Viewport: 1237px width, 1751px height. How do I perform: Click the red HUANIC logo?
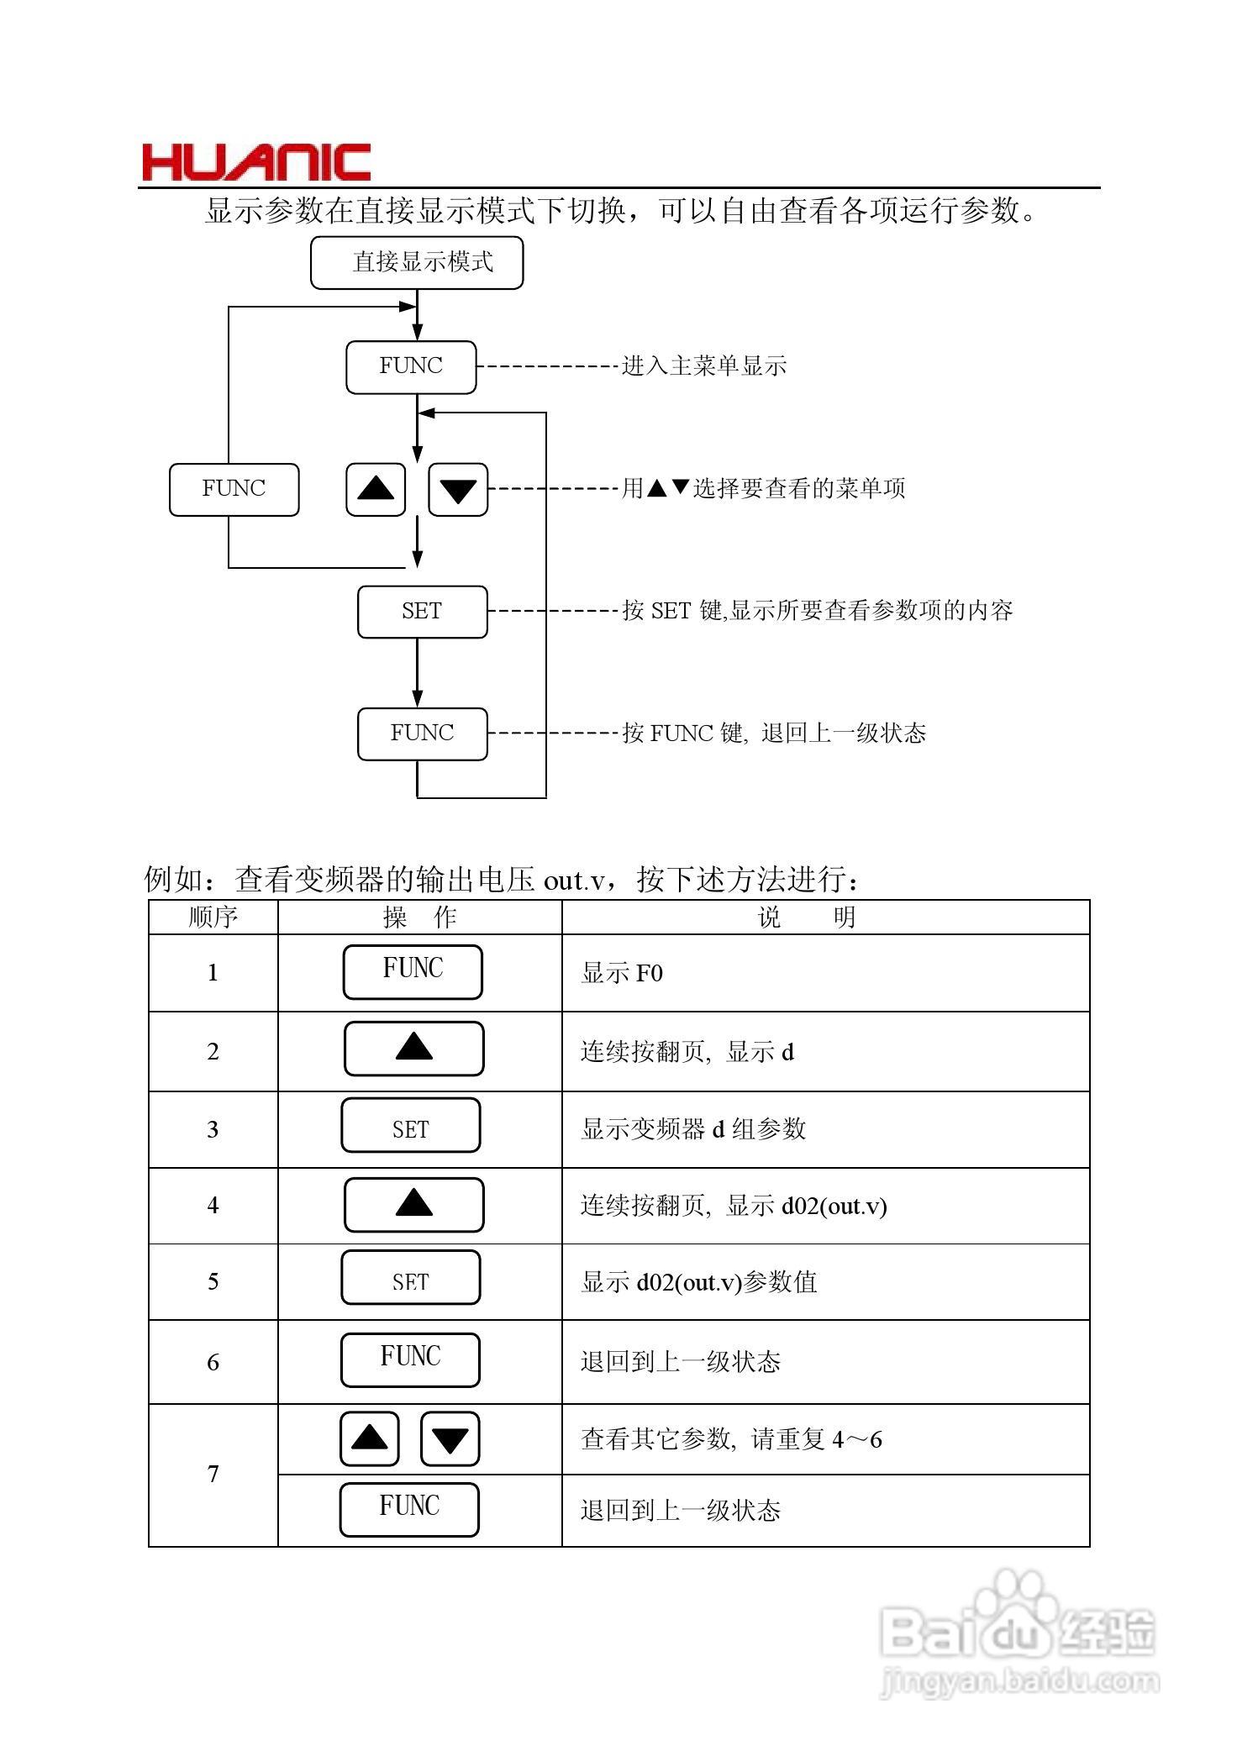click(x=256, y=162)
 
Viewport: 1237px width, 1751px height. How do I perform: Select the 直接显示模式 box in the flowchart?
click(x=417, y=263)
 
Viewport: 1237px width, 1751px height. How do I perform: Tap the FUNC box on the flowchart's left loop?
click(x=234, y=489)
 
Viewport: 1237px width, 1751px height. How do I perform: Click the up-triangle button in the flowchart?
click(x=376, y=489)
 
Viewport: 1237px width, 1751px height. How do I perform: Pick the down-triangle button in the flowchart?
click(x=458, y=489)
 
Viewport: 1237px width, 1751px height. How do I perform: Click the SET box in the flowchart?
click(x=422, y=612)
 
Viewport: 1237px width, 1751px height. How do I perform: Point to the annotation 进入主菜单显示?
click(x=704, y=366)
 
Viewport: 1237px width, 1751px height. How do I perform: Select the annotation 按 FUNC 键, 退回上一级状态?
click(x=774, y=734)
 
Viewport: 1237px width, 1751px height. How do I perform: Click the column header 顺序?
click(x=213, y=917)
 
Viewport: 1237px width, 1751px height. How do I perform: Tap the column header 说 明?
click(x=807, y=917)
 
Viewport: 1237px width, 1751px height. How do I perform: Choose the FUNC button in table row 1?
click(x=413, y=971)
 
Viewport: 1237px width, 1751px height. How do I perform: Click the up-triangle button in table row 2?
click(x=413, y=1049)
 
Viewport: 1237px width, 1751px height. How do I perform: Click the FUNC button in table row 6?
click(x=410, y=1359)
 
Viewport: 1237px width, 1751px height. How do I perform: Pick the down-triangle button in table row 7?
click(x=450, y=1439)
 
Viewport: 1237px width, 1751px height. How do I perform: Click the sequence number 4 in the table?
click(x=213, y=1206)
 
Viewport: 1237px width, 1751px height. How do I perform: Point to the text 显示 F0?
click(x=622, y=973)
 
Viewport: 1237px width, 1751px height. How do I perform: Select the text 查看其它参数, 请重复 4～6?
click(x=731, y=1440)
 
